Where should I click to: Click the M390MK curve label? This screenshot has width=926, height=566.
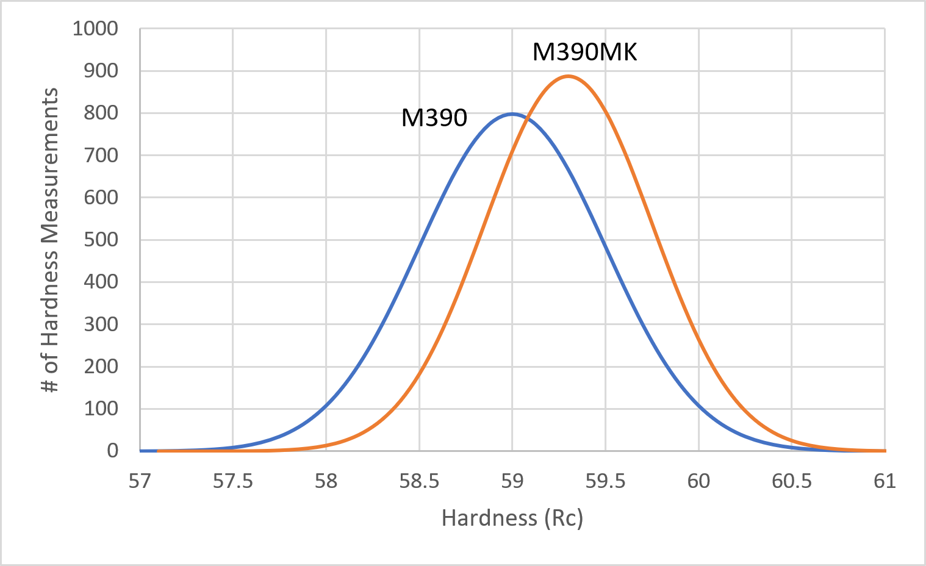(x=584, y=52)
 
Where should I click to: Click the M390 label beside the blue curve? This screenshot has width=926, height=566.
(x=434, y=118)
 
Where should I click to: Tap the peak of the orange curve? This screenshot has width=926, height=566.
(x=569, y=76)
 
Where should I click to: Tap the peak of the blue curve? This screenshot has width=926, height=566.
(x=512, y=114)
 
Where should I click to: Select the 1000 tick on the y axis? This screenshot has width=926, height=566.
(x=95, y=29)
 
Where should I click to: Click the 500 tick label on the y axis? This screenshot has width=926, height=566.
(x=101, y=240)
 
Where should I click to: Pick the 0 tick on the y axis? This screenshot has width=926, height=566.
(x=112, y=451)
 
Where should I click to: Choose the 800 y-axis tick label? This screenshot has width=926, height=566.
(x=101, y=113)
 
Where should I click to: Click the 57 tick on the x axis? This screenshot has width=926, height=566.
(x=140, y=481)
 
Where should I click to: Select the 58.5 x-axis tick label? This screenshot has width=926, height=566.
(x=419, y=481)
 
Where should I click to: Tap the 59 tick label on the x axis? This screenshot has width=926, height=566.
(x=512, y=481)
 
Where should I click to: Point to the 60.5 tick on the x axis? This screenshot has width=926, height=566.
(x=792, y=481)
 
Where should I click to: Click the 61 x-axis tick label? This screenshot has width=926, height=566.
(x=885, y=481)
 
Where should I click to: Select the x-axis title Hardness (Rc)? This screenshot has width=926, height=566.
(x=512, y=518)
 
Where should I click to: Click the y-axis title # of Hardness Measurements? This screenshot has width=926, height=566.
(x=50, y=240)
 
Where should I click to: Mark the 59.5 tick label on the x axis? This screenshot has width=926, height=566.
(x=605, y=481)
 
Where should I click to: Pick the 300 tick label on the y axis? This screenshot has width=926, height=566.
(x=101, y=324)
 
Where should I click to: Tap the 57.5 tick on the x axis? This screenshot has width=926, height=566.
(x=232, y=481)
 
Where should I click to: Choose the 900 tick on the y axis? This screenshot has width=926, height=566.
(x=101, y=71)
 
